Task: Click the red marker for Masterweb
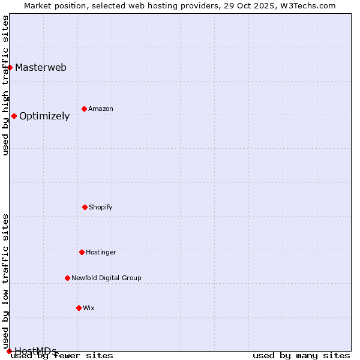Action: (x=10, y=67)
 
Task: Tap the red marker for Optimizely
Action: (x=14, y=116)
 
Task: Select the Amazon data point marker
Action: (x=84, y=109)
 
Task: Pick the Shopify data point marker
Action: (x=85, y=207)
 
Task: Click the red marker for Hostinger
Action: (x=82, y=252)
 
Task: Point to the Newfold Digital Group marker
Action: (x=67, y=278)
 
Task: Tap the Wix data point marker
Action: (x=79, y=308)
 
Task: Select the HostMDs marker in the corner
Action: (x=9, y=351)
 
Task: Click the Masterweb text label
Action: (x=41, y=67)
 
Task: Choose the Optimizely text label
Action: (x=44, y=116)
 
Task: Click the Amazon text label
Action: (x=101, y=109)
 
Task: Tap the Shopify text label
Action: (x=101, y=208)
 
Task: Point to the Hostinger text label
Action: (x=101, y=253)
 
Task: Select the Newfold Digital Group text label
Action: (x=106, y=278)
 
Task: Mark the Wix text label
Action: (x=89, y=308)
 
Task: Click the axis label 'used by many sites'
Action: (x=301, y=356)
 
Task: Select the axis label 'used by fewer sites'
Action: (x=62, y=356)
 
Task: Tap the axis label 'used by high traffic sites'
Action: (x=5, y=85)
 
